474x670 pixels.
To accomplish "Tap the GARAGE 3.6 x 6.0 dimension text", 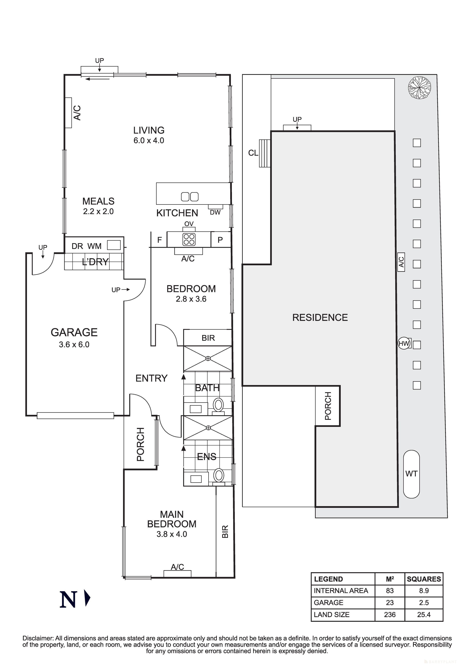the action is [x=74, y=344].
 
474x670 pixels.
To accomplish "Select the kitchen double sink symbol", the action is [x=190, y=197].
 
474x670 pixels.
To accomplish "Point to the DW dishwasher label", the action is [x=215, y=212].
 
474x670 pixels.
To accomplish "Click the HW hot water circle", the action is [x=404, y=343].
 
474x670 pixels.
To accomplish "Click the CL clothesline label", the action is [x=253, y=153].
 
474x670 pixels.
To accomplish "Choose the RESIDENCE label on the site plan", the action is [x=320, y=317].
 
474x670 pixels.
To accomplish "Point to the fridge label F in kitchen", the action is [x=159, y=240].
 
